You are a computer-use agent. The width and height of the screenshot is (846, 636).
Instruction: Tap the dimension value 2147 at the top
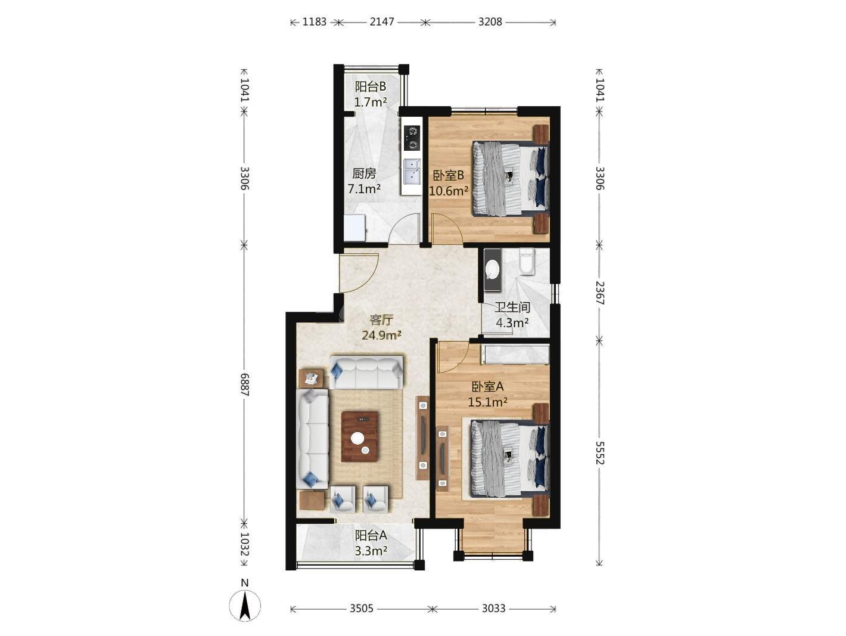(381, 21)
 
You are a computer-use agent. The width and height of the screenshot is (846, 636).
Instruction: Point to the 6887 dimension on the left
(245, 384)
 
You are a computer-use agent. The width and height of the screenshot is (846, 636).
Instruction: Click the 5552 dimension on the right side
(600, 453)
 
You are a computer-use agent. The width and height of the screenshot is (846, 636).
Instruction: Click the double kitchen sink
(412, 172)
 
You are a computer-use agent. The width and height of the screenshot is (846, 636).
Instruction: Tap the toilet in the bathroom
(527, 262)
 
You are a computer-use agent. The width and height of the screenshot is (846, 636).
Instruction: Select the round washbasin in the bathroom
(492, 269)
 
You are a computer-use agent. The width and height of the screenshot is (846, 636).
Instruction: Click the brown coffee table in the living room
(360, 436)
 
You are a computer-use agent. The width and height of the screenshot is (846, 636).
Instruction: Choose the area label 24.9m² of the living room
(381, 336)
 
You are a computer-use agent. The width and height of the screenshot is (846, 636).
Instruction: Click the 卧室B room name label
(448, 176)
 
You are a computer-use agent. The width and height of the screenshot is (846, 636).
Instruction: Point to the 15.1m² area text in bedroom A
(487, 402)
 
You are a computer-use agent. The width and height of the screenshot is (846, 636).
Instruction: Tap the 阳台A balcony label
(371, 535)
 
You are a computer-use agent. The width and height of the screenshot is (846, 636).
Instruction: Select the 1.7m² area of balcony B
(371, 102)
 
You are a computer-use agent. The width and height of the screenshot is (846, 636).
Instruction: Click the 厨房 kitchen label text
(364, 173)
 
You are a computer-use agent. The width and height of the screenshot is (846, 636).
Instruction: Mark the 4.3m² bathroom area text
(512, 322)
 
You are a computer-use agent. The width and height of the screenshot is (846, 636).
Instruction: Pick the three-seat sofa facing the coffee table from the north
(366, 373)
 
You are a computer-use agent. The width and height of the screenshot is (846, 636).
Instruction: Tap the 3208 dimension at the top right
(490, 21)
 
